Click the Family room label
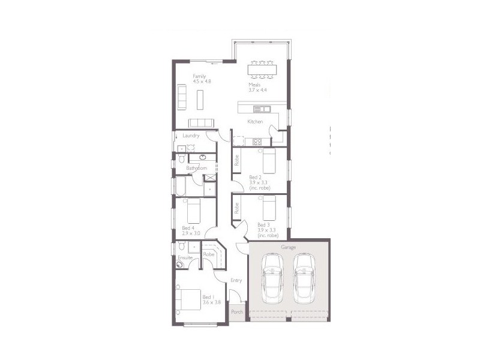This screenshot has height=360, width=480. click(x=199, y=76)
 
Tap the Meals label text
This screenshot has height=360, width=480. click(x=254, y=85)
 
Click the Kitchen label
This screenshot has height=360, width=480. click(x=256, y=122)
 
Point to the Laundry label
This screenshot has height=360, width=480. click(x=191, y=136)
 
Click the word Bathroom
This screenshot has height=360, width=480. click(x=196, y=168)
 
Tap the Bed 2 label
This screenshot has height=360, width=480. click(x=255, y=177)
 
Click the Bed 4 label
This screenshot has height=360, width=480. click(x=188, y=228)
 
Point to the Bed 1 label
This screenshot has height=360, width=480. click(x=208, y=297)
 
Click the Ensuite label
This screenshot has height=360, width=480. click(x=185, y=257)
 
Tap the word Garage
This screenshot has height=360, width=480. click(x=289, y=247)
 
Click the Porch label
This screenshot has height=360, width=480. click(x=237, y=312)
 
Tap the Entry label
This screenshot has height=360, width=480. click(x=236, y=280)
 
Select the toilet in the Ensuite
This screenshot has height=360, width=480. click(x=181, y=262)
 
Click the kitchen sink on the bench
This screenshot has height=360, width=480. click(x=262, y=109)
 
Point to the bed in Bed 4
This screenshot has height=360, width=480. click(x=193, y=211)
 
